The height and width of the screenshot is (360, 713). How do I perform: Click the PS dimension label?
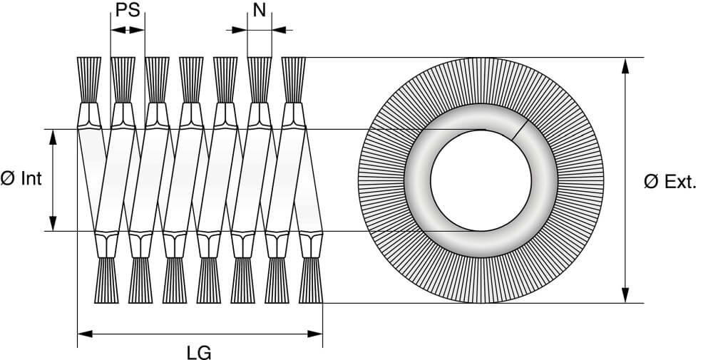[x=128, y=9]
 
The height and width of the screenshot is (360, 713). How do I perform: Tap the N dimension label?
[x=260, y=9]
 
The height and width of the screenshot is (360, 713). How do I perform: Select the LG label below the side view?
[x=199, y=352]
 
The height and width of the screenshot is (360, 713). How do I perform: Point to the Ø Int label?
[x=21, y=179]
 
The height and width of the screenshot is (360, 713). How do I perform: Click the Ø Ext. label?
[x=670, y=182]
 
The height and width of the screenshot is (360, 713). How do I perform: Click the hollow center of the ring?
[x=481, y=180]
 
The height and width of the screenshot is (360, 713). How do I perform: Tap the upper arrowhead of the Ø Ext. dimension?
[x=626, y=66]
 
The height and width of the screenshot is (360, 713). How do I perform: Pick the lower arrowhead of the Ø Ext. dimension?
[x=626, y=295]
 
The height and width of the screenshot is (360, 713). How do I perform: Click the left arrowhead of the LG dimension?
[x=86, y=334]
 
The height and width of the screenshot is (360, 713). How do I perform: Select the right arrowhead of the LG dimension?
[x=314, y=334]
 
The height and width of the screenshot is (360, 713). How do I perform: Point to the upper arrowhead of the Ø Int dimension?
[x=53, y=138]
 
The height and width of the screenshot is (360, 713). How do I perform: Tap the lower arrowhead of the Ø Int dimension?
[x=53, y=223]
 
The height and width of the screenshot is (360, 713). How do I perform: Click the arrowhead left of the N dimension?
[x=239, y=30]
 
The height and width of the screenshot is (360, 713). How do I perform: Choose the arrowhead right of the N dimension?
[x=279, y=30]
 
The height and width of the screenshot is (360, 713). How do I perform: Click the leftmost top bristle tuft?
[x=89, y=80]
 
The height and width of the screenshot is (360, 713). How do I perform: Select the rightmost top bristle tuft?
[x=294, y=80]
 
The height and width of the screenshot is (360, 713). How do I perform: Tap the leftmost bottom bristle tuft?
[x=106, y=280]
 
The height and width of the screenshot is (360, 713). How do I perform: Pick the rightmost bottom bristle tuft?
[x=311, y=280]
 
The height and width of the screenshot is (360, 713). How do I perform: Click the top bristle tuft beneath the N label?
[x=260, y=80]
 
